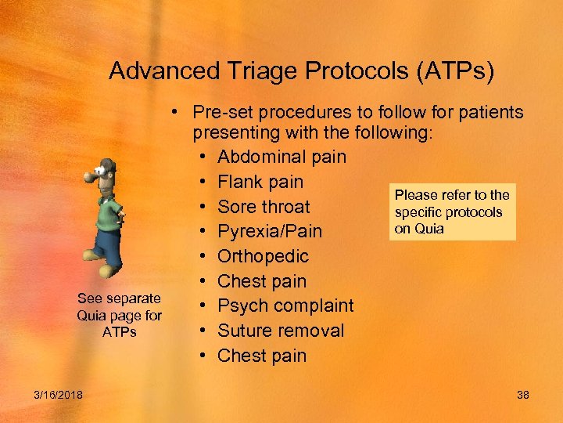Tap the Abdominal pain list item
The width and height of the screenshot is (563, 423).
(x=281, y=157)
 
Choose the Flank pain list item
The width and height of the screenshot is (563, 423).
(x=260, y=182)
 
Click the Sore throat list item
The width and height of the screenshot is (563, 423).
(x=264, y=207)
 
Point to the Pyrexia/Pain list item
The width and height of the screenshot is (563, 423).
(x=270, y=232)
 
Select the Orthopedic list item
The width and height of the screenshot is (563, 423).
(x=263, y=256)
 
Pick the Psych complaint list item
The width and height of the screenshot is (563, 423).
(x=285, y=305)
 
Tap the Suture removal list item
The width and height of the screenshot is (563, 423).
(x=281, y=331)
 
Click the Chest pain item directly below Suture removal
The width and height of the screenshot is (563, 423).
(x=262, y=356)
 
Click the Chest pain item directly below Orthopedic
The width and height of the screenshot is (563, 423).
(x=262, y=281)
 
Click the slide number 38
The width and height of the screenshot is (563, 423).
(x=523, y=394)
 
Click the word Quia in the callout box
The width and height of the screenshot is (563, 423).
(x=430, y=229)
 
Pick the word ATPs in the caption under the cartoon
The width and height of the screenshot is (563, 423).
(x=119, y=331)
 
